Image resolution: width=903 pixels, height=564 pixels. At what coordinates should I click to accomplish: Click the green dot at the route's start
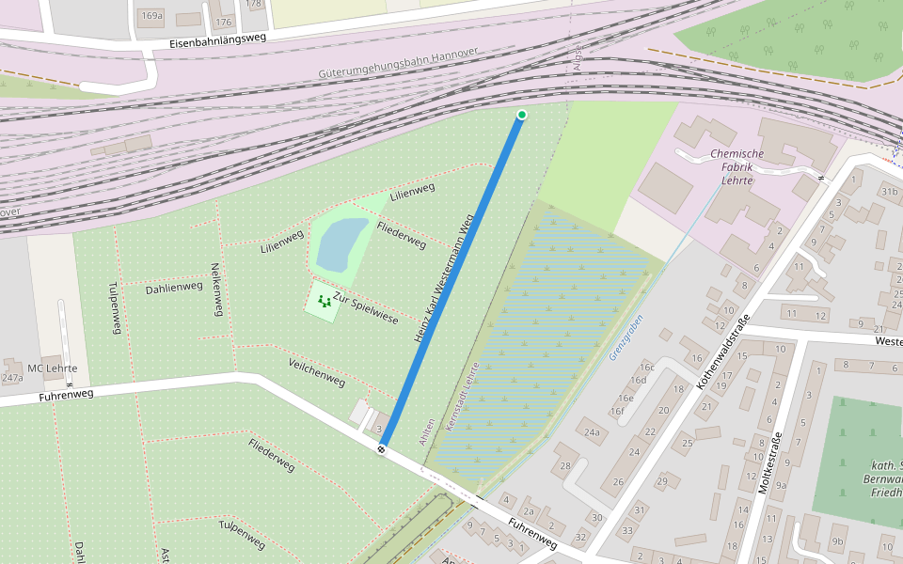(x=522, y=115)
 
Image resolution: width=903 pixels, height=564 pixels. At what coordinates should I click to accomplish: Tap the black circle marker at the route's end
(x=381, y=449)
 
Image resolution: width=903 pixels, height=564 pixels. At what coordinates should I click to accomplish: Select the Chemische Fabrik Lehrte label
(x=737, y=166)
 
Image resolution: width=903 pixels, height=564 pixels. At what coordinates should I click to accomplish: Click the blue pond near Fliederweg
(x=341, y=243)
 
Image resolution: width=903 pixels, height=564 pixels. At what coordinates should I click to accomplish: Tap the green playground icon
(x=325, y=302)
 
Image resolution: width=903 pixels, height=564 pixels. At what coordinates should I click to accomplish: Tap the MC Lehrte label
(x=53, y=368)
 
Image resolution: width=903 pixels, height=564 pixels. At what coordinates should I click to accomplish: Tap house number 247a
(x=12, y=379)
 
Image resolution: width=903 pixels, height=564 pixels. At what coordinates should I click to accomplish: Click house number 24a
(x=592, y=432)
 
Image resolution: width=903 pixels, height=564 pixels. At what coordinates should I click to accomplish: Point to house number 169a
(x=150, y=16)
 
